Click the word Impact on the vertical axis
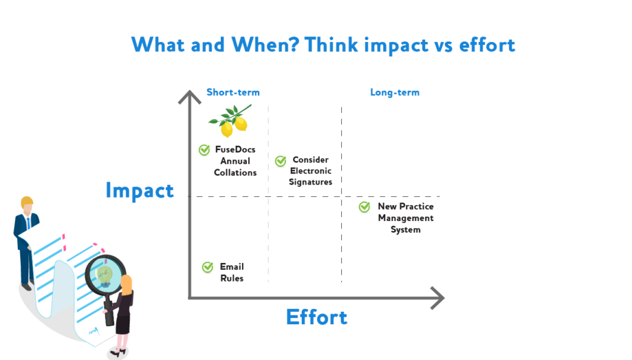[139, 191]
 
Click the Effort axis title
[317, 317]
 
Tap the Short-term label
[233, 93]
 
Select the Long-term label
[394, 93]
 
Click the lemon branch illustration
[231, 120]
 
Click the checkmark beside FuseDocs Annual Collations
[204, 150]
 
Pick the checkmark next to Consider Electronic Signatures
[281, 161]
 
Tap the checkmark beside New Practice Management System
[364, 207]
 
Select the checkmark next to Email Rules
[207, 267]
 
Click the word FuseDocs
[235, 149]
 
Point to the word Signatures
[310, 182]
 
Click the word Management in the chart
[405, 219]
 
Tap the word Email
[232, 267]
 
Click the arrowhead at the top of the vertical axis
[189, 97]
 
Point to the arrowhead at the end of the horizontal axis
[438, 298]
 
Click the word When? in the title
[265, 44]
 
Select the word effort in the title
[487, 44]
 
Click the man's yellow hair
[27, 201]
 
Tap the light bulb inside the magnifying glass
[105, 276]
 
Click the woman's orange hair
[127, 285]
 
